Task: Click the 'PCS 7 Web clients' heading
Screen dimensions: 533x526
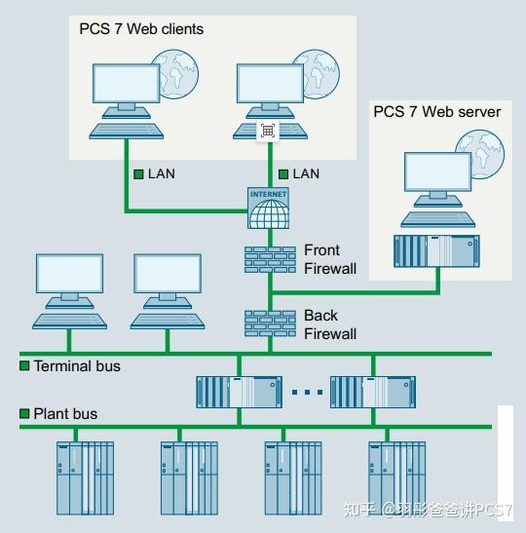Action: pos(141,29)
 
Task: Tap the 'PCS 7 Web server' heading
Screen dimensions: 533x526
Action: pos(437,111)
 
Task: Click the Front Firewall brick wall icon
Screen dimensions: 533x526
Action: pos(270,258)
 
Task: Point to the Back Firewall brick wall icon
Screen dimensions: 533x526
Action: pos(270,324)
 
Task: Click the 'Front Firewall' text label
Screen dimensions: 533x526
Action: pos(330,259)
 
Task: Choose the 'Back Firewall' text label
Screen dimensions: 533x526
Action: pos(330,324)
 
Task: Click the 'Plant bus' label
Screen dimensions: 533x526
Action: pos(65,414)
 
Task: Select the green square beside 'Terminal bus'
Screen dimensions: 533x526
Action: pos(24,366)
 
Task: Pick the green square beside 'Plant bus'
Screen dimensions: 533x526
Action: pos(24,414)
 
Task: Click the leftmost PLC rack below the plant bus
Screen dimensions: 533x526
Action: pos(85,477)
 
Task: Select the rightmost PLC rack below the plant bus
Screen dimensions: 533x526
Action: pos(396,477)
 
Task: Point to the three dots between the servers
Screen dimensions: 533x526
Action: pos(307,393)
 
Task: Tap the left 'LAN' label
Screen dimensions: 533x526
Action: pos(161,173)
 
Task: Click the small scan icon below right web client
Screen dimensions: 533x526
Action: pos(268,131)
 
